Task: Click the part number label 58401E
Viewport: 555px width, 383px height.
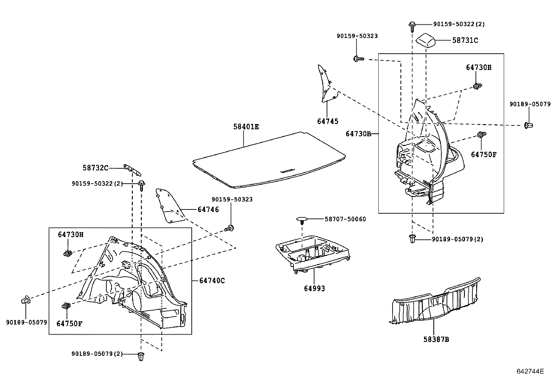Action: point(246,127)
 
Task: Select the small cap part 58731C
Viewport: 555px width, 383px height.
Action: point(425,39)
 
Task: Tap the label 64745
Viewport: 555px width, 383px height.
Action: point(328,121)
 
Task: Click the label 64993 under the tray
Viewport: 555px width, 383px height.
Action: point(314,288)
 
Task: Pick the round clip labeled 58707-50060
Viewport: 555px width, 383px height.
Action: point(302,220)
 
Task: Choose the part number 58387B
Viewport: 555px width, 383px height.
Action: point(436,339)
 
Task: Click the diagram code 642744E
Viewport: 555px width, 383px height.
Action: point(530,371)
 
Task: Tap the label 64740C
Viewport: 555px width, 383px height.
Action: point(212,281)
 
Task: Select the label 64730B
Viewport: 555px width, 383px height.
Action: point(358,134)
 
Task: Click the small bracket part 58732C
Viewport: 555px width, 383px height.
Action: point(132,170)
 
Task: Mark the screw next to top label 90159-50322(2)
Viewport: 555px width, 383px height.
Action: point(412,27)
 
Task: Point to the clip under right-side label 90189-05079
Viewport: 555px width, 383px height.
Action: point(529,125)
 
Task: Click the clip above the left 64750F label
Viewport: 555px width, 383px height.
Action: point(66,306)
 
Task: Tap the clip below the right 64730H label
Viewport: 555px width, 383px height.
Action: point(477,86)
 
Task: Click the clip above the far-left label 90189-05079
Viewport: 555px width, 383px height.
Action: point(26,299)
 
